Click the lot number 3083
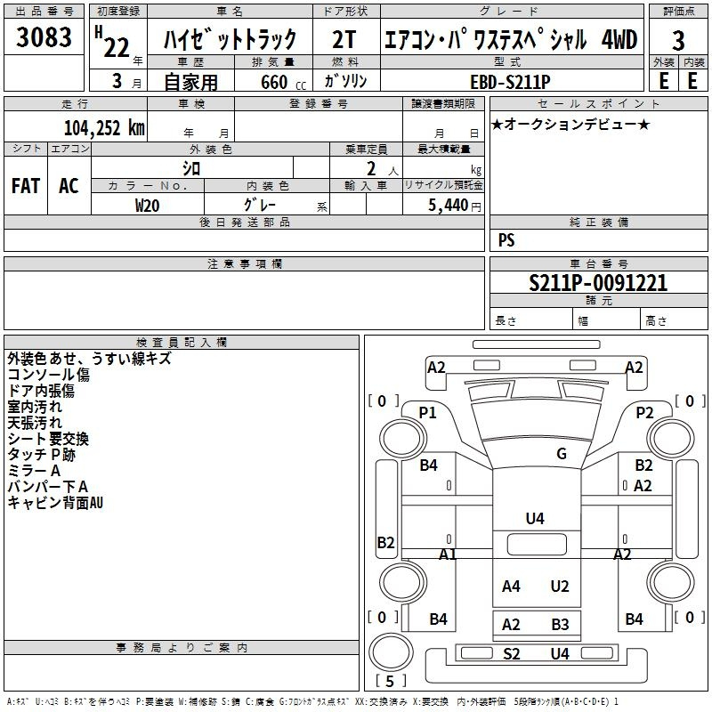click(44, 36)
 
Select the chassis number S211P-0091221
click(598, 283)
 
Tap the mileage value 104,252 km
click(104, 128)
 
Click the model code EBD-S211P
click(510, 82)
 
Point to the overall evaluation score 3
click(678, 41)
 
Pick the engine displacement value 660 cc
click(283, 83)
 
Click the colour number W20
click(147, 206)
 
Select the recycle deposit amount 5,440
click(449, 206)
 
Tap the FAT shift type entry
click(26, 186)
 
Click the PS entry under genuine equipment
click(506, 240)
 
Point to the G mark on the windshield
click(562, 454)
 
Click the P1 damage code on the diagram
click(427, 413)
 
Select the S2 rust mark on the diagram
click(511, 654)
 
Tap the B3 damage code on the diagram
click(560, 625)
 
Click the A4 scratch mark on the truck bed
click(511, 587)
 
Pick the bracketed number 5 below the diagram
click(390, 681)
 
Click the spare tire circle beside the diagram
click(391, 652)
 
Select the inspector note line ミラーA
click(34, 471)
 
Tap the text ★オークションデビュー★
click(570, 125)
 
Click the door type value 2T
click(344, 39)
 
